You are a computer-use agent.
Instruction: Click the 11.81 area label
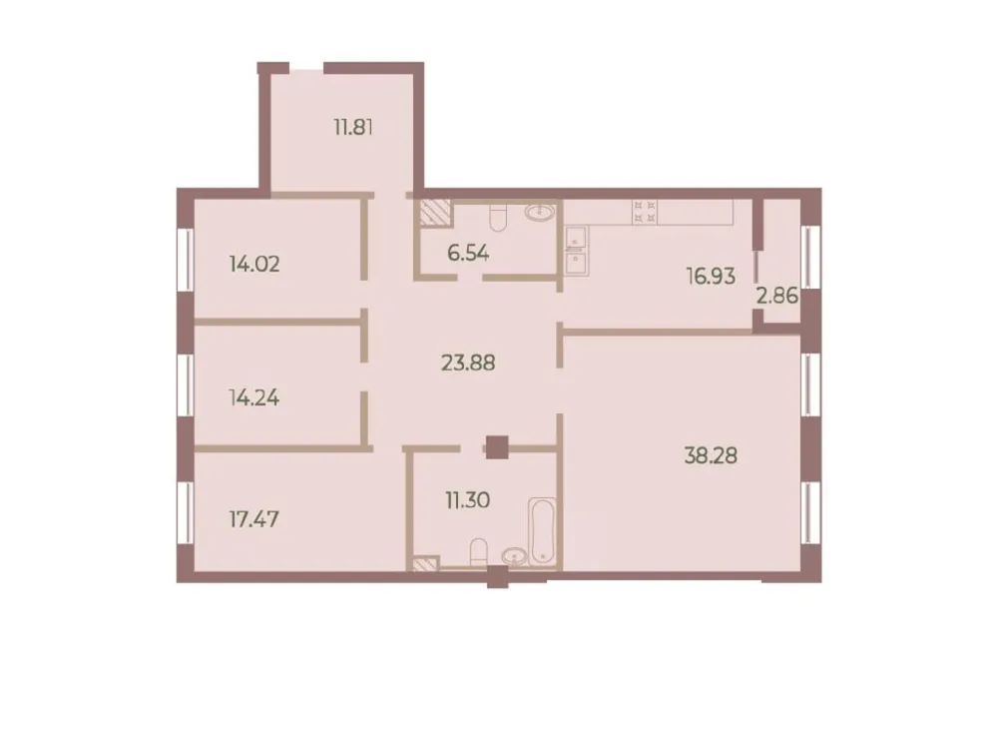coord(353,128)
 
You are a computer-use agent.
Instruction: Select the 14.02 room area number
coord(254,265)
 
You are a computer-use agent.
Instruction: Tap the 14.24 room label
coord(254,397)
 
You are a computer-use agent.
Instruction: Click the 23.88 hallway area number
coord(468,362)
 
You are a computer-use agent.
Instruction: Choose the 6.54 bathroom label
coord(468,253)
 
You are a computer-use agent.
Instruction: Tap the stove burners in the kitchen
coord(644,211)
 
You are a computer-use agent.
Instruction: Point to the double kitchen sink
coord(576,250)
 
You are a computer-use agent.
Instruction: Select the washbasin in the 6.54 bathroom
coord(543,213)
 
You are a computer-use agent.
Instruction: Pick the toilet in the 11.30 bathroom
coord(479,552)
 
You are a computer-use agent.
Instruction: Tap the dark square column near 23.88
coord(496,446)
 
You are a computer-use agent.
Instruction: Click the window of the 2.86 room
coord(811,257)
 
